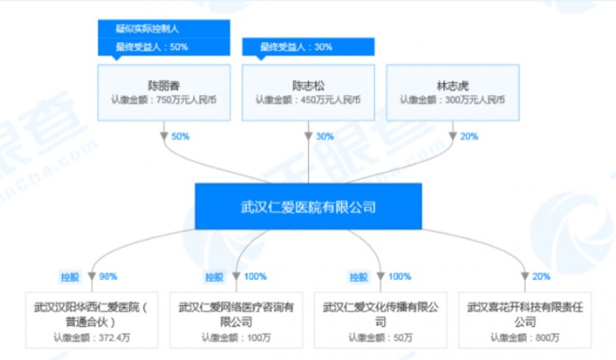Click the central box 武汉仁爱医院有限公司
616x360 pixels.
coord(308,206)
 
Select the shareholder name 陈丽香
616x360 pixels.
coord(164,86)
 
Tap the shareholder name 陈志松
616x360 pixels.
coord(308,86)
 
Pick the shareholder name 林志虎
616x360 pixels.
coord(452,86)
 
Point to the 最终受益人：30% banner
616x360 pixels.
coord(296,47)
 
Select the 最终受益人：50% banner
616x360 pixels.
coord(152,47)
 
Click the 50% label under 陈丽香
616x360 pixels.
coord(180,136)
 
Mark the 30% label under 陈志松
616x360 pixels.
coord(324,136)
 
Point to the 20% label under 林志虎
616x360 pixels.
coord(469,136)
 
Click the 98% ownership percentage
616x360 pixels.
coord(108,277)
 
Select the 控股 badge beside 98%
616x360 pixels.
coord(70,277)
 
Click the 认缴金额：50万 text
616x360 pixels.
coord(381,337)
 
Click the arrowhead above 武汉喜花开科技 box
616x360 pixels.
coord(525,277)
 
